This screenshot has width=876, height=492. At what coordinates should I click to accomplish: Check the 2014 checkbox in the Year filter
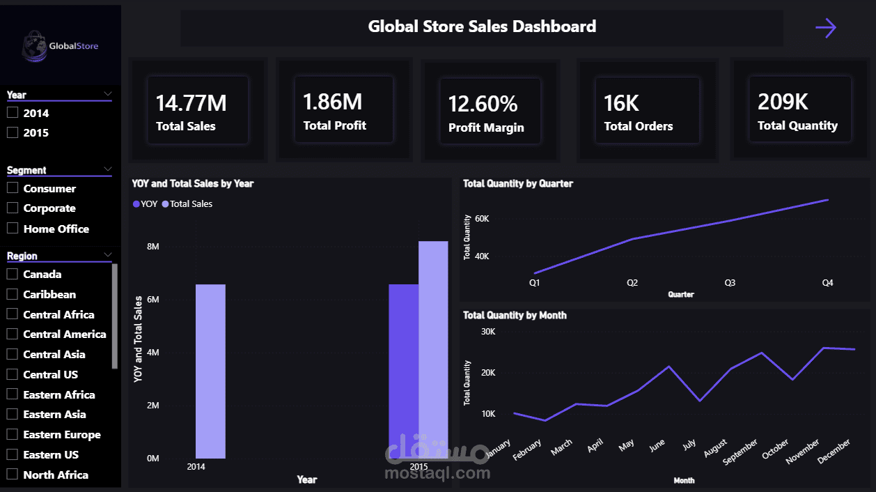(x=12, y=113)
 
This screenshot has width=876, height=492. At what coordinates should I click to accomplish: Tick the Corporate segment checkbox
(x=12, y=208)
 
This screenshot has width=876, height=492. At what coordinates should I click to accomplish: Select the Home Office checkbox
(x=12, y=228)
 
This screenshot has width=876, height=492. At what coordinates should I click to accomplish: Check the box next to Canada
(x=12, y=274)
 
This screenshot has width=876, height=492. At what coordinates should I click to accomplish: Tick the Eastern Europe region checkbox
(x=12, y=434)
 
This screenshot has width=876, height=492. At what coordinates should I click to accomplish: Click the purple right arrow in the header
(x=825, y=28)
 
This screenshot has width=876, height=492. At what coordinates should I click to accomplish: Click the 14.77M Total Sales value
(x=191, y=103)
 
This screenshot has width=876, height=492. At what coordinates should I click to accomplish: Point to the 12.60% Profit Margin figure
(x=483, y=104)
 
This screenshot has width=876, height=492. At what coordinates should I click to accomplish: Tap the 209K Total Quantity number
(x=783, y=102)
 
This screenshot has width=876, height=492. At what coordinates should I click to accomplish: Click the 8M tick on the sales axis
(x=152, y=247)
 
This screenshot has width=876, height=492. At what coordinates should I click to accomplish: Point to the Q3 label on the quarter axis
(x=730, y=283)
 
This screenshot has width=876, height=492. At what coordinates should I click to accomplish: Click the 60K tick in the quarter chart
(x=482, y=219)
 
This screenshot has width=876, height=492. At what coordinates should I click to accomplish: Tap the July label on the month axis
(x=689, y=446)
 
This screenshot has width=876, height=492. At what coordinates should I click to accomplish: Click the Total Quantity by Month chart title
(x=515, y=315)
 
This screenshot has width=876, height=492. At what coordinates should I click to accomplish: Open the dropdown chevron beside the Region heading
(x=108, y=255)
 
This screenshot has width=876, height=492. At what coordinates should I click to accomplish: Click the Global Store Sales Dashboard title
(x=482, y=27)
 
